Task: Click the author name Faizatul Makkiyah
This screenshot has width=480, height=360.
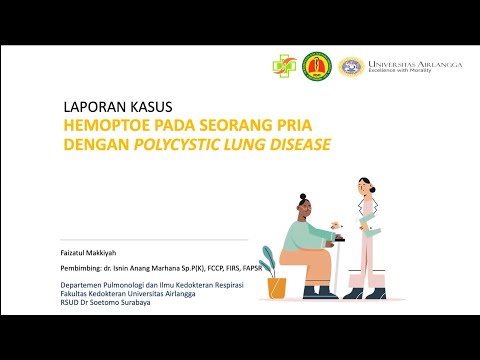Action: pyautogui.click(x=87, y=253)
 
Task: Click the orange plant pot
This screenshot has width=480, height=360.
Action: pyautogui.click(x=277, y=288)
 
